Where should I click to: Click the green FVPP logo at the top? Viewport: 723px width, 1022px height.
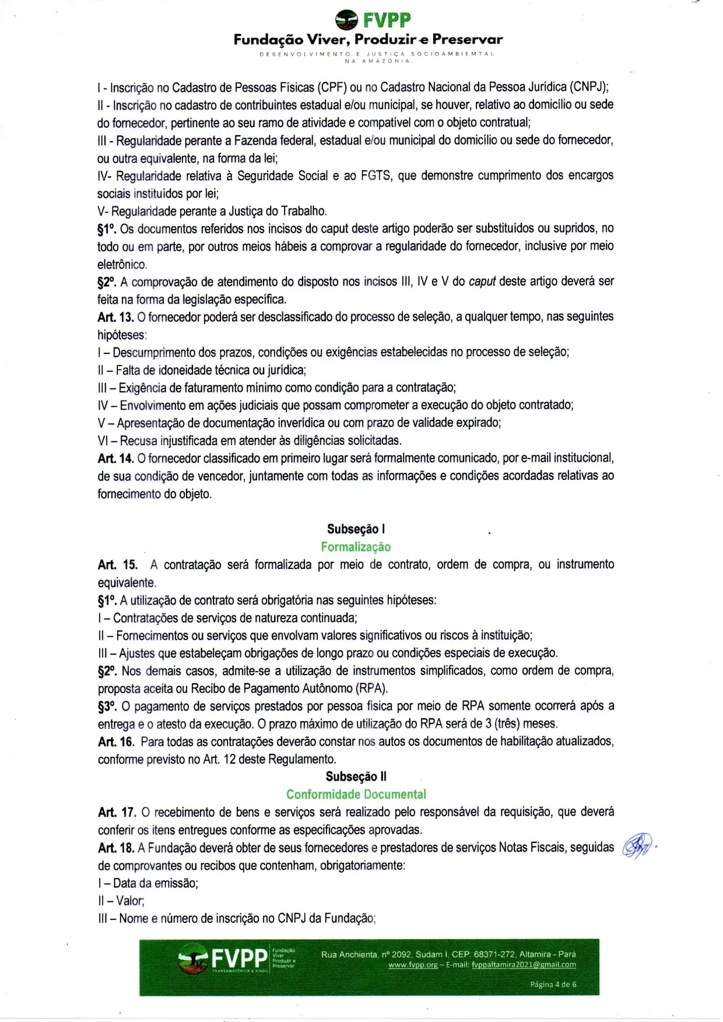373,20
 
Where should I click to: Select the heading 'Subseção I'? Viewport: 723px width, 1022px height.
356,529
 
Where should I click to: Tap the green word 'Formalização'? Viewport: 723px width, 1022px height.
356,547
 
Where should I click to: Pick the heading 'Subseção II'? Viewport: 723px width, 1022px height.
356,777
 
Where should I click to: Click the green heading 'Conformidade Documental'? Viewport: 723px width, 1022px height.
356,794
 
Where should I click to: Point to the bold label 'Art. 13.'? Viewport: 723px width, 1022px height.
115,317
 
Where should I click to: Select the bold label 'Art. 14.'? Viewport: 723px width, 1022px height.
115,458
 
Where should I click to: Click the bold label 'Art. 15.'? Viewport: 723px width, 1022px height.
117,565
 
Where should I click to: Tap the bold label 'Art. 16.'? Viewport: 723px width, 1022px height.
115,742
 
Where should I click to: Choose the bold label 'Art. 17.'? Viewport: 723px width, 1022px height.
117,812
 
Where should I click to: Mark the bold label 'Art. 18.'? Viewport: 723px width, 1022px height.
115,848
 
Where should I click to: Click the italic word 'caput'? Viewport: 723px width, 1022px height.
482,282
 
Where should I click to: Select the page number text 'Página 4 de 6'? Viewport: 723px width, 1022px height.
553,984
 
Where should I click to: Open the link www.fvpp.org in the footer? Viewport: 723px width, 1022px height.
413,965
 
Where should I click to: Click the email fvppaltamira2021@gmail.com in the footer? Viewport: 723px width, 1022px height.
524,965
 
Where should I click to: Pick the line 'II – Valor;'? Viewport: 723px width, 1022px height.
121,901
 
